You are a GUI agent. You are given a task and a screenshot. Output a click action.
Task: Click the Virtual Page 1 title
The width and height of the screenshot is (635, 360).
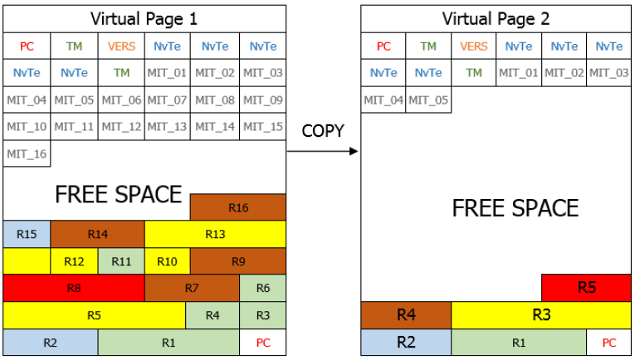coord(144,18)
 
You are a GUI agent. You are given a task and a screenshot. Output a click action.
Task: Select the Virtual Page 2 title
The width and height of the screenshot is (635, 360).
coord(496,18)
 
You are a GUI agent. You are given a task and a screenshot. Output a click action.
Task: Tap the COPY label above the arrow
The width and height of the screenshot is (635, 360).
coord(324,132)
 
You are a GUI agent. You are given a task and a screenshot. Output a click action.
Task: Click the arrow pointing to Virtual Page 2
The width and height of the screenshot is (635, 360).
coord(324,152)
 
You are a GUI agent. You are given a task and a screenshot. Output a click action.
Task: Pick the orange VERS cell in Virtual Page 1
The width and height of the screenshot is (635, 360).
coord(121,46)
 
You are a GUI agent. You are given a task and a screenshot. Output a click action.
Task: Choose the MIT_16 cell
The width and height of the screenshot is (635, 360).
coord(27,154)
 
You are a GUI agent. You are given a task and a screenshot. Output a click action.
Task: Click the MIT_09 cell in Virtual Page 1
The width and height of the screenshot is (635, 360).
coord(262,101)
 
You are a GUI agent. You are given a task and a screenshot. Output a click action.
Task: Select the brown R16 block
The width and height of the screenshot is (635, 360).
coord(238,207)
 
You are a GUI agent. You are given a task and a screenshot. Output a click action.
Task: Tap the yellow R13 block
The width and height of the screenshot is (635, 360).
coord(215,234)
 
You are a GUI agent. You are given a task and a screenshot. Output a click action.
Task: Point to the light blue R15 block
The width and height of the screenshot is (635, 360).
coord(27,234)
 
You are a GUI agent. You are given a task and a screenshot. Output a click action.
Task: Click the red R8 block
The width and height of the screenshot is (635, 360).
coord(74,288)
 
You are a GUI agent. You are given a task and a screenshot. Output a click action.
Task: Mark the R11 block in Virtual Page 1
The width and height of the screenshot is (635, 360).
coord(121,261)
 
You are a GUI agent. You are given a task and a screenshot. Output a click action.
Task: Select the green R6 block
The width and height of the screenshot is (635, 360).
coord(262,288)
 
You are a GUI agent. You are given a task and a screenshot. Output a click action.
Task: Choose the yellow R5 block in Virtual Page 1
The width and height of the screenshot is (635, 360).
coord(94,315)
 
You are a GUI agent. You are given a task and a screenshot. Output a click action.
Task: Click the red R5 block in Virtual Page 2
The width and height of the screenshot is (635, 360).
coord(586,288)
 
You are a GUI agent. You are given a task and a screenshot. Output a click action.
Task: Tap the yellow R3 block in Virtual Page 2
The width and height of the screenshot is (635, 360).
coord(541,315)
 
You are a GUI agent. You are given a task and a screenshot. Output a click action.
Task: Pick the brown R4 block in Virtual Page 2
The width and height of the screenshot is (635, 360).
coord(406,315)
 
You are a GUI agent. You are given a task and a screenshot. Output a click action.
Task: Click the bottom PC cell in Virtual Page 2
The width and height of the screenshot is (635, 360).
coord(608,342)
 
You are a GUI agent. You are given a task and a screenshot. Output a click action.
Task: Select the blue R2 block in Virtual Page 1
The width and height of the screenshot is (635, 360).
coord(51,342)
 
